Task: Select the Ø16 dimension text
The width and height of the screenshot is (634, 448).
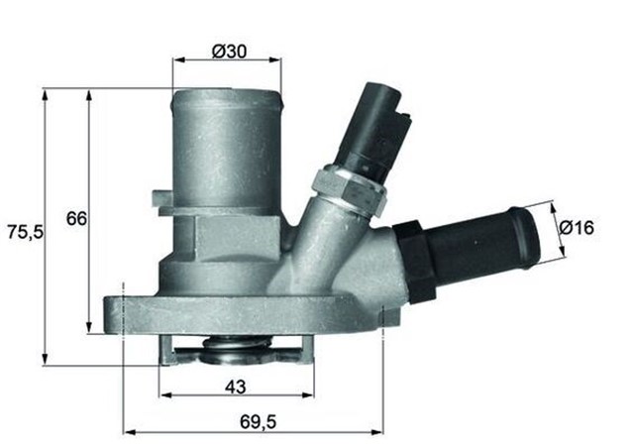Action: pos(577,228)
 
